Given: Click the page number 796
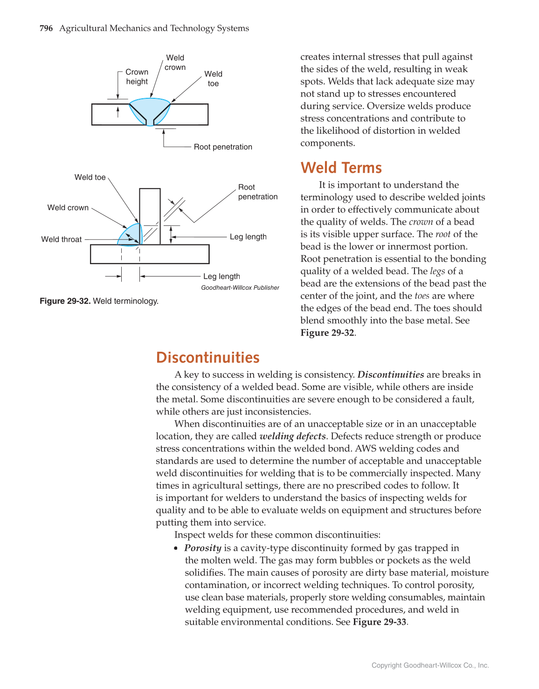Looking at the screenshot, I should tap(46, 28).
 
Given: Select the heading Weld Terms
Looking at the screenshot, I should tap(341, 168).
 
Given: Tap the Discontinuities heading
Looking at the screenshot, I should tap(207, 357).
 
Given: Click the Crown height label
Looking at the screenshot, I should tap(137, 77).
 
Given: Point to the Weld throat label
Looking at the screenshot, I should tap(61, 239).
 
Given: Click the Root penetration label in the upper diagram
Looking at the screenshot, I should tap(223, 147).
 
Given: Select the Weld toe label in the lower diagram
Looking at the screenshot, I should tap(90, 177).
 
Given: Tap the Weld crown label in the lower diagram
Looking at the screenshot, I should tap(68, 208).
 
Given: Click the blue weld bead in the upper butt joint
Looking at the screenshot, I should tap(150, 109).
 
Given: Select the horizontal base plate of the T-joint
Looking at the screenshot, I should tap(149, 254).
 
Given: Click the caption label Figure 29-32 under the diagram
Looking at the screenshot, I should tap(65, 301).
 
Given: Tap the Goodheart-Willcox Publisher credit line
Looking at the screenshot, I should tap(240, 288).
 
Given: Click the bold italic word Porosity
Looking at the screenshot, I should tap(203, 548).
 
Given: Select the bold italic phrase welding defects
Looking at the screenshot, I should tap(292, 436).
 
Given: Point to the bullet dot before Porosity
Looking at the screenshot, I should tap(176, 548).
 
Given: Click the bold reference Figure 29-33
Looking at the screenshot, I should tap(380, 622).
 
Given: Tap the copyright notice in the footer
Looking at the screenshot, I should tap(430, 665).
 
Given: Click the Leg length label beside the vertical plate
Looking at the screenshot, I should tap(248, 237).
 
